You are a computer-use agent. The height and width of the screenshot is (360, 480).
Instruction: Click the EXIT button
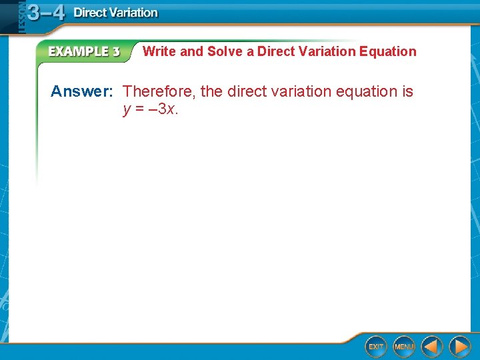(x=376, y=347)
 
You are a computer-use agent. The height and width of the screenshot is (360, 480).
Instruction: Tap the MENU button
(x=404, y=347)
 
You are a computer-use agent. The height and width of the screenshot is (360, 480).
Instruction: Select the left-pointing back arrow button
(x=432, y=347)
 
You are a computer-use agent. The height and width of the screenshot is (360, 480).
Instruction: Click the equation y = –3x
(x=151, y=109)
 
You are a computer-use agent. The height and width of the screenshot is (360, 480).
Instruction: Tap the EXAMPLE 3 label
(x=83, y=51)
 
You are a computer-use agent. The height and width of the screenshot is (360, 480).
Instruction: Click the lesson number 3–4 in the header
(x=46, y=13)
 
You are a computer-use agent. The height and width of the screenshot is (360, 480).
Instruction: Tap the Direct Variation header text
(x=115, y=13)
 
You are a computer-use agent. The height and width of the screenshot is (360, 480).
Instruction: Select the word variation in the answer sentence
(x=298, y=91)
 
